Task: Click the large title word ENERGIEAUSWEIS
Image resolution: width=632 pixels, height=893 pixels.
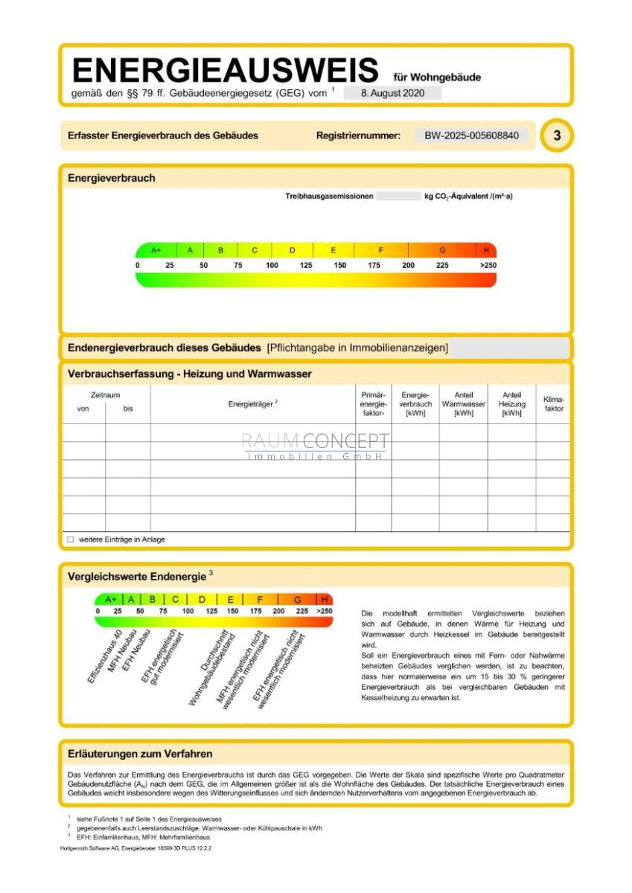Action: point(225,71)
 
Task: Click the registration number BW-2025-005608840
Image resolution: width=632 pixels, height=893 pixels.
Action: point(471,135)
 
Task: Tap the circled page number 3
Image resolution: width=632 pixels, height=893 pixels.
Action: point(557,135)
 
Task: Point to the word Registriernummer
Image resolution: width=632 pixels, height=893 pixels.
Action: point(358,135)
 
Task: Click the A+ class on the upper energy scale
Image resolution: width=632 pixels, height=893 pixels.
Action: point(156,250)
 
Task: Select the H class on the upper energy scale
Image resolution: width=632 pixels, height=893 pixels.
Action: point(487,250)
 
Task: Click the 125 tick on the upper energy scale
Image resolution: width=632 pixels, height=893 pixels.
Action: point(306,265)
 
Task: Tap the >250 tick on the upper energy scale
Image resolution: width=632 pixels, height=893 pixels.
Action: point(488,265)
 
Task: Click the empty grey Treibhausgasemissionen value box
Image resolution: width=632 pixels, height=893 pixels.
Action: point(398,196)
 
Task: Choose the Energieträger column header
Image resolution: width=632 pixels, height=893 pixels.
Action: point(253,403)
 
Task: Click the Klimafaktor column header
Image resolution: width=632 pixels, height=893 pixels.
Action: point(554,404)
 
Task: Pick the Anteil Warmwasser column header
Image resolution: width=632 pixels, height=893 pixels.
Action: point(463,404)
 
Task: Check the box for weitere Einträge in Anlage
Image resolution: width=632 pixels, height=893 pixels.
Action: point(71,540)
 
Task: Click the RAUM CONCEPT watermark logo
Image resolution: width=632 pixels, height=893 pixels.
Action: point(315,445)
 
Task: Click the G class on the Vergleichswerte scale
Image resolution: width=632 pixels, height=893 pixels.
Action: point(298,599)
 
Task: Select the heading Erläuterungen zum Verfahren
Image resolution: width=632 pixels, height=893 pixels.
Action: point(140,754)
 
